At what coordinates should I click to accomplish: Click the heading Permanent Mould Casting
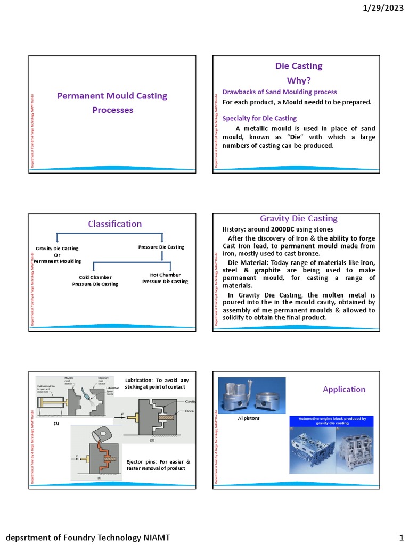click(112, 96)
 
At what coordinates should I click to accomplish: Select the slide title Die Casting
click(298, 66)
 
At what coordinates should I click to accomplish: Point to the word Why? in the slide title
click(298, 80)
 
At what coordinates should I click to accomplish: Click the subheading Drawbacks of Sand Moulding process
click(279, 92)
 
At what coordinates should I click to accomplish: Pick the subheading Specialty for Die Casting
click(259, 118)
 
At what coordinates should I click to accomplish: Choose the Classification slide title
click(114, 224)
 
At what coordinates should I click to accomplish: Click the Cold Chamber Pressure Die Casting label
click(95, 280)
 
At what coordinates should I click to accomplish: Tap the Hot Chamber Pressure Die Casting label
click(165, 278)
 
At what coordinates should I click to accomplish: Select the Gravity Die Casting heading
click(298, 218)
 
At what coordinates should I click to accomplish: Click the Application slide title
click(344, 389)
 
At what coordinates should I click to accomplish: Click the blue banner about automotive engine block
click(332, 421)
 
